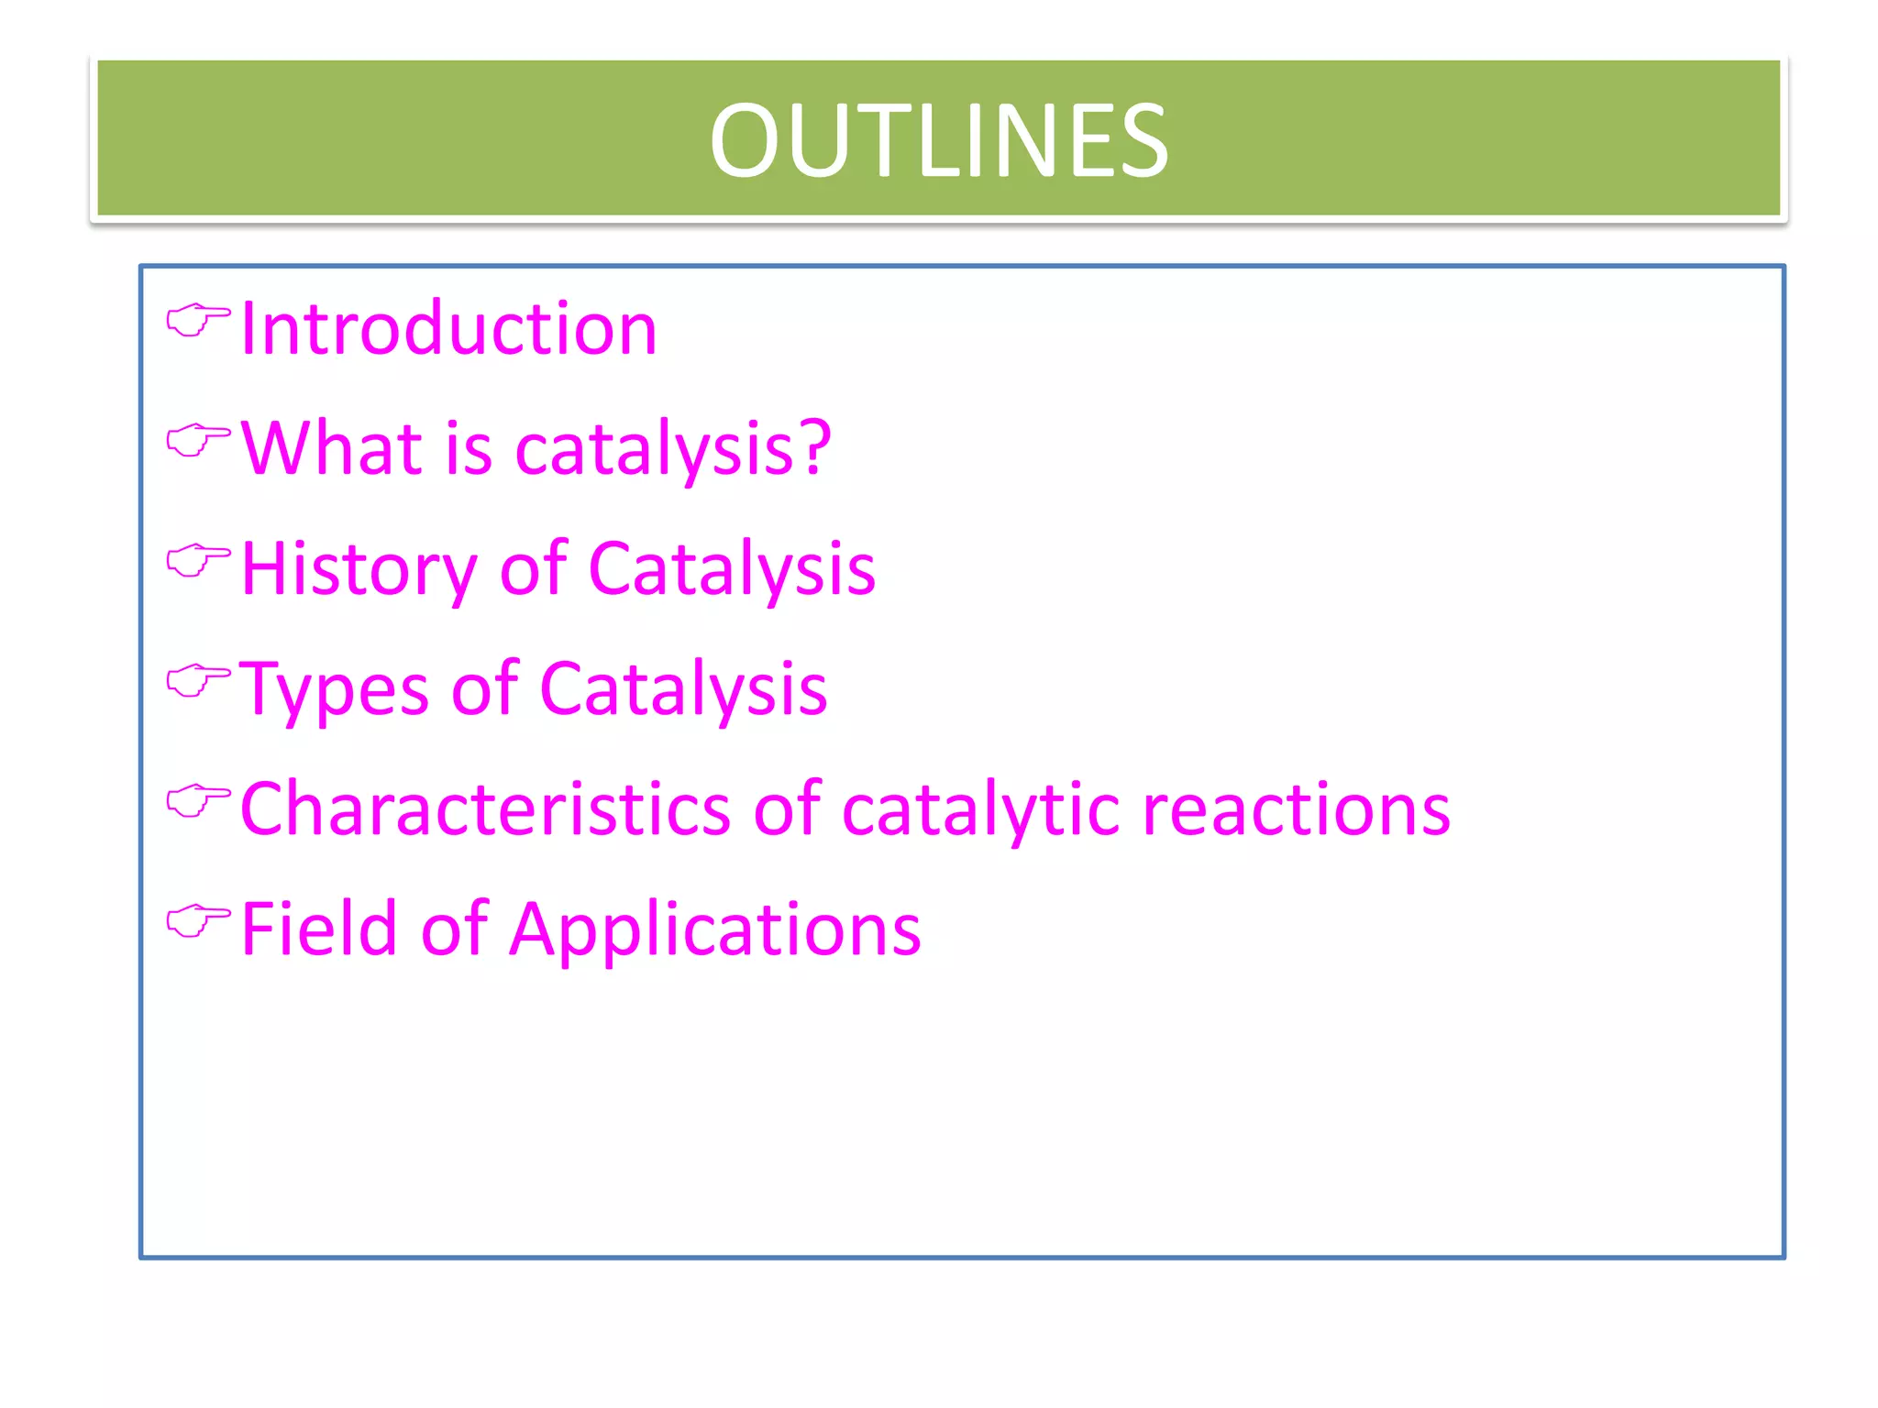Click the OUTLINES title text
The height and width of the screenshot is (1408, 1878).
coord(938,141)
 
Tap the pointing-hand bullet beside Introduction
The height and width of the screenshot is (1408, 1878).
coord(197,321)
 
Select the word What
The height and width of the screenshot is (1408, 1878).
coord(332,448)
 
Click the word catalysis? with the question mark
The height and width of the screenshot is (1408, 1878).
coord(673,450)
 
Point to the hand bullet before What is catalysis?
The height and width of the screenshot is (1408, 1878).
coord(197,441)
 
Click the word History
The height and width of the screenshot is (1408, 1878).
coord(359,569)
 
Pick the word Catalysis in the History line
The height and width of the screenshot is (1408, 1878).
coord(731,569)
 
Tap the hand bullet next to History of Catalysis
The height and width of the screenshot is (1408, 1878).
coord(197,560)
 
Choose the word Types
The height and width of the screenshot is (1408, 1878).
coord(334,689)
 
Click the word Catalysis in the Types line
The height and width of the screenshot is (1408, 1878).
coord(683,689)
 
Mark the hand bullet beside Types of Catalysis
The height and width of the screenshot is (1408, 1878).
coord(197,680)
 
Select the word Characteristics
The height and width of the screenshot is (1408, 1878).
coord(485,809)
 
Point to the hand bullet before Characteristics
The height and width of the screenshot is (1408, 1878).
coord(197,801)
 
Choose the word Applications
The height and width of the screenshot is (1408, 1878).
coord(714,931)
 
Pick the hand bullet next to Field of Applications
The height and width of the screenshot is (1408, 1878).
coord(197,920)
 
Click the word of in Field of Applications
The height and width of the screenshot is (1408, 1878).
coord(455,929)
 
